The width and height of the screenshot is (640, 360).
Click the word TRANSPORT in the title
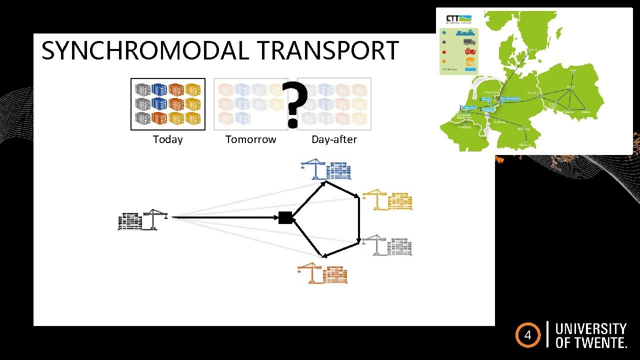pos(328,50)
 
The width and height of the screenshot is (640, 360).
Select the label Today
pos(167,139)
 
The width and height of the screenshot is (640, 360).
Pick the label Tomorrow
pos(250,139)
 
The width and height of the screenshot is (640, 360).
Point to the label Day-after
pos(334,139)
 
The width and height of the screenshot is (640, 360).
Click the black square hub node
pos(285,217)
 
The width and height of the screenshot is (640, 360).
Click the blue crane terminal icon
pos(325,169)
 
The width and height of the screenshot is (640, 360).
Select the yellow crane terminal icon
pos(387,199)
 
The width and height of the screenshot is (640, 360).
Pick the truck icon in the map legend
pos(469,42)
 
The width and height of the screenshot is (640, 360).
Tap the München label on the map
pos(524,145)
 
